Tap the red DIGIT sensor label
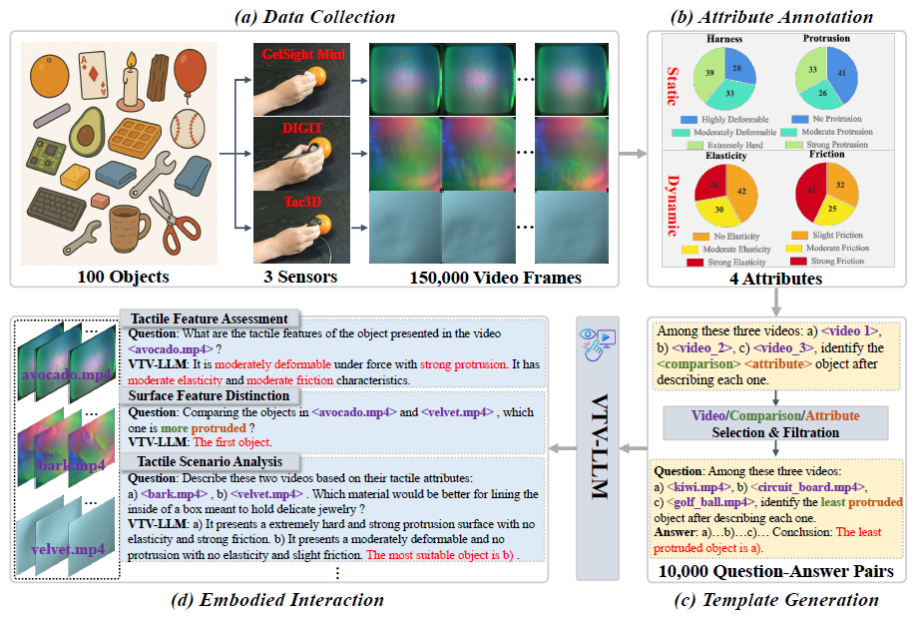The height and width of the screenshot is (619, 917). click(x=303, y=129)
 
